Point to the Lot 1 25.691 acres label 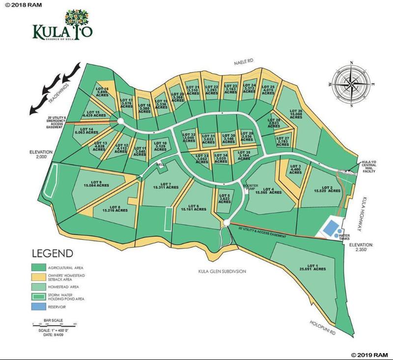click(x=312, y=267)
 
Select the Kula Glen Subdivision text click(x=222, y=271)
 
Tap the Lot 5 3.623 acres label click(x=224, y=198)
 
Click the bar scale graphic click(x=55, y=324)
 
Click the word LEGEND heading click(x=53, y=254)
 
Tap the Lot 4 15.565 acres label click(x=268, y=191)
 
